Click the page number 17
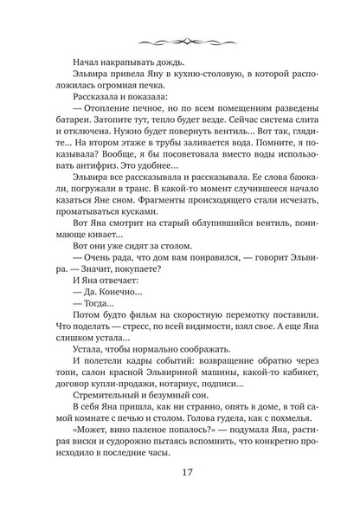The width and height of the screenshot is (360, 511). (x=180, y=474)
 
